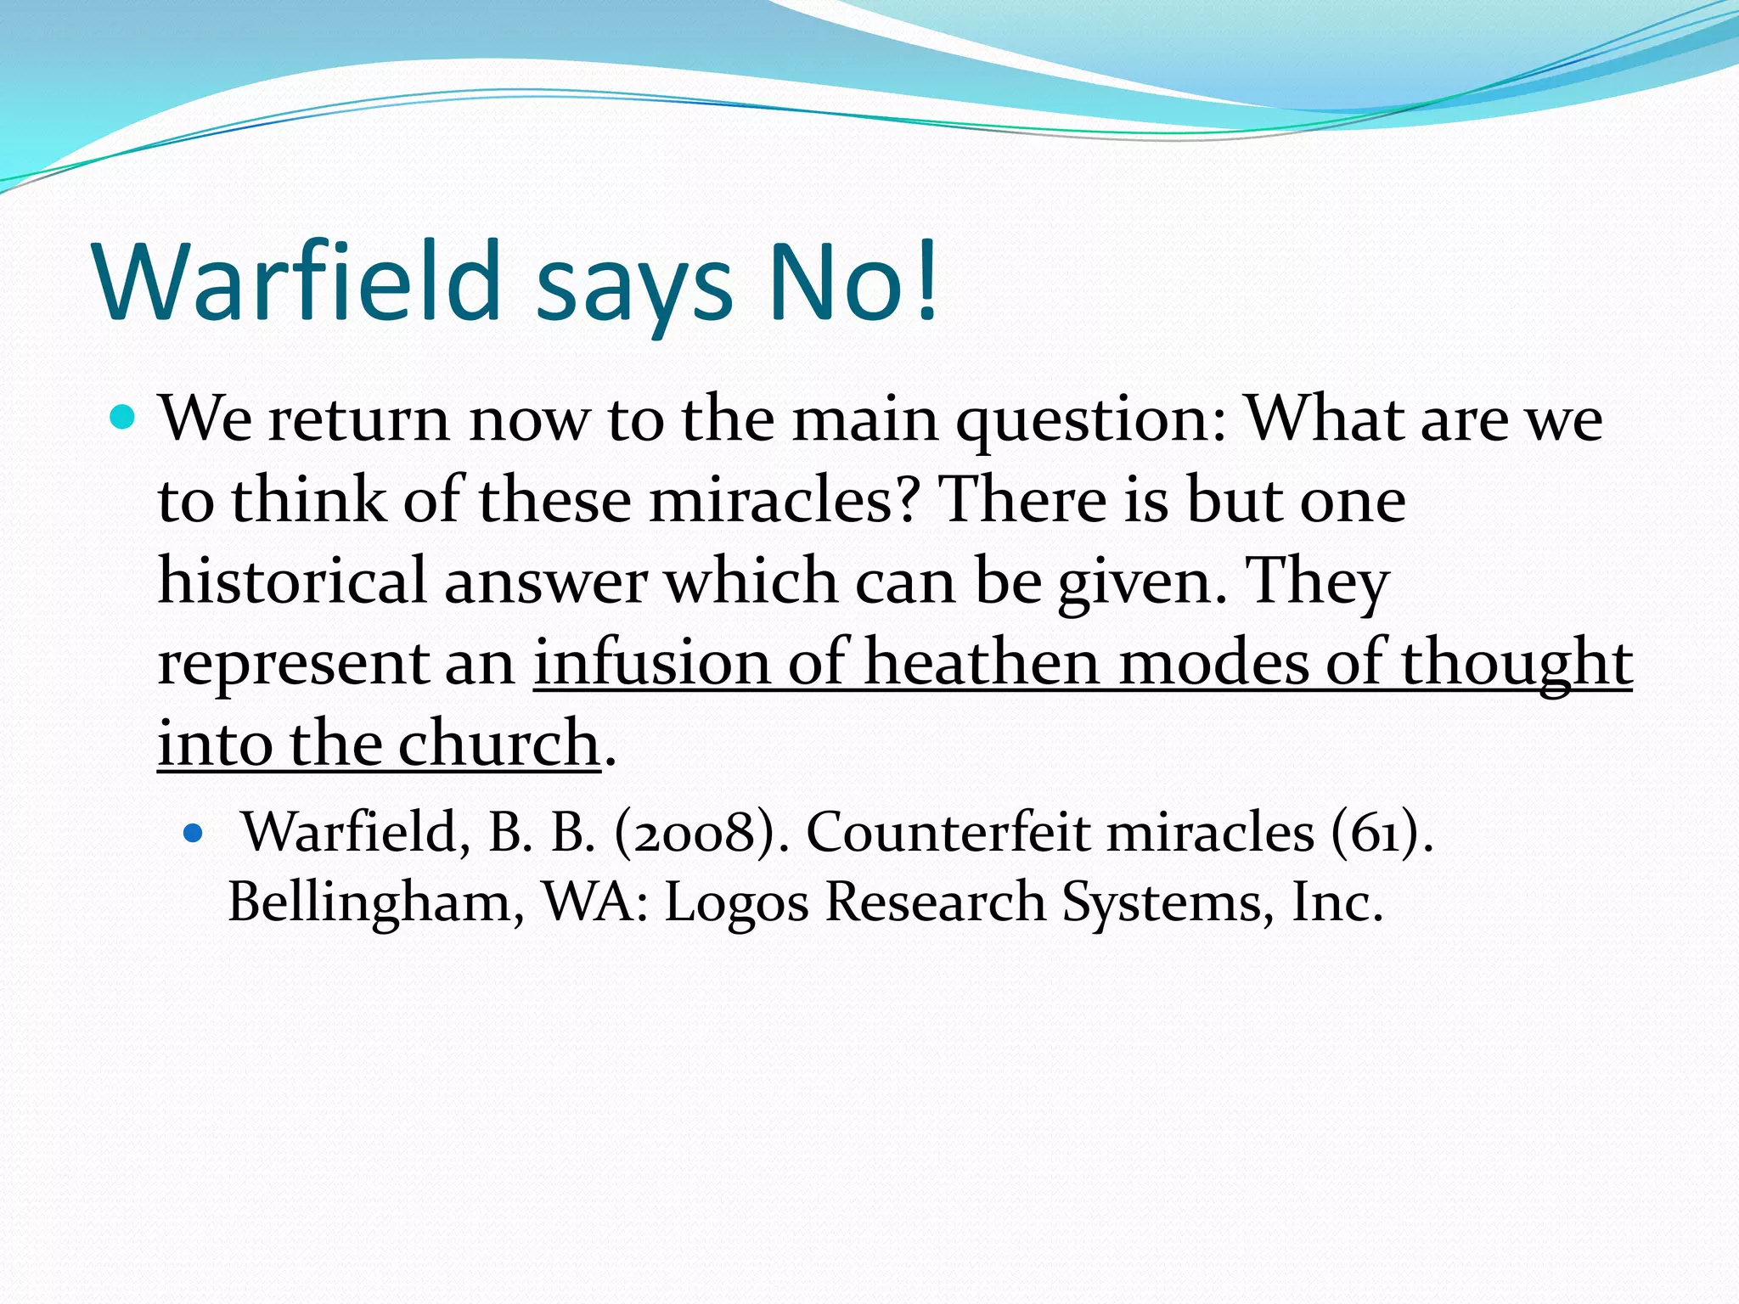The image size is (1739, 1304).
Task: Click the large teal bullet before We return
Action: tap(123, 418)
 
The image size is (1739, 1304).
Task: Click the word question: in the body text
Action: tap(1091, 420)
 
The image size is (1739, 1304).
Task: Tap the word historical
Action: tap(292, 581)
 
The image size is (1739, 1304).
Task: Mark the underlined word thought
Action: tap(1517, 664)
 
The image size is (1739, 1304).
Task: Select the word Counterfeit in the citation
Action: tap(947, 832)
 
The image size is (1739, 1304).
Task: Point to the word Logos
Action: tap(736, 902)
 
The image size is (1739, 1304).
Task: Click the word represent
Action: tap(292, 664)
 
